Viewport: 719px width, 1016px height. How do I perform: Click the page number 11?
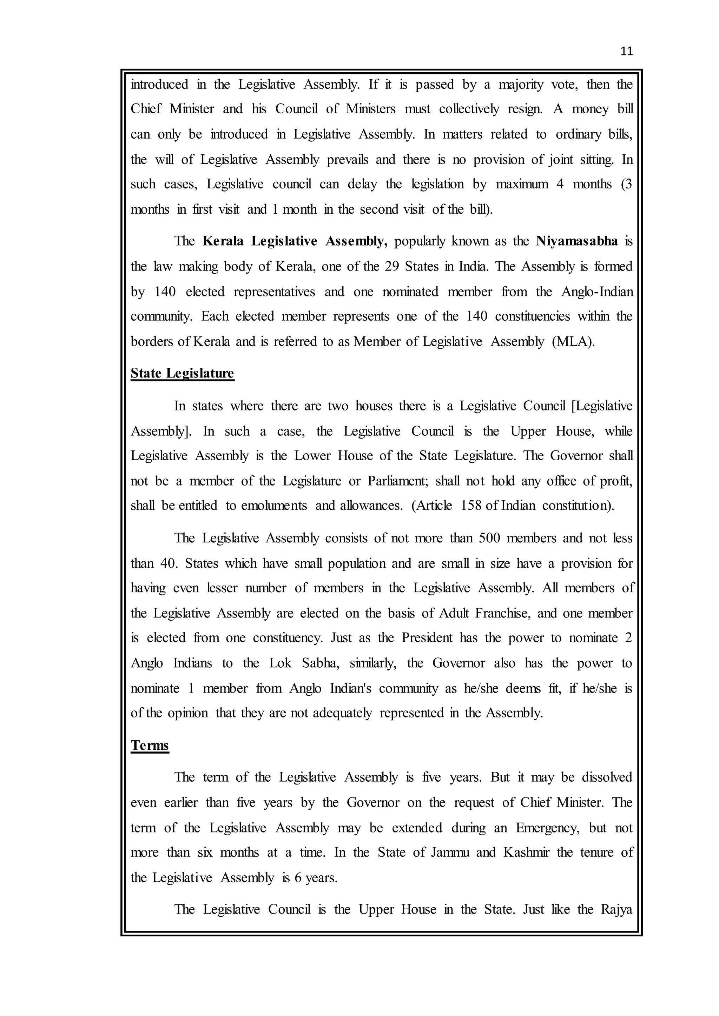coord(626,51)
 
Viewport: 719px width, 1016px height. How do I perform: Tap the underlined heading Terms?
coord(150,745)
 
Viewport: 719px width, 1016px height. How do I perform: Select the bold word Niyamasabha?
coord(576,241)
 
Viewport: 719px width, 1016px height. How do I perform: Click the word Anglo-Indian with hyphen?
coord(597,292)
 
